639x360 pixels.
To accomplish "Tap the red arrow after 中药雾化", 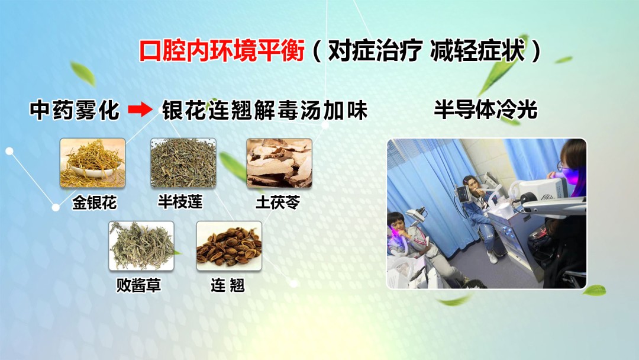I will pyautogui.click(x=140, y=111).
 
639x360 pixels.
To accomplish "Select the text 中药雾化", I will pyautogui.click(x=75, y=111).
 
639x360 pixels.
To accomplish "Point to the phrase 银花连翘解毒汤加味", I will pyautogui.click(x=264, y=111).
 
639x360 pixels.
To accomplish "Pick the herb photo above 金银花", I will pyautogui.click(x=92, y=162).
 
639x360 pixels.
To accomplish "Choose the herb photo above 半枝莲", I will pyautogui.click(x=183, y=162).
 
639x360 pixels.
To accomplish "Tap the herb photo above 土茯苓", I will pyautogui.click(x=279, y=162).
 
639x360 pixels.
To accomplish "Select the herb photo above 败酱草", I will pyautogui.click(x=141, y=246).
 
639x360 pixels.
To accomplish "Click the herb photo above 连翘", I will pyautogui.click(x=228, y=246).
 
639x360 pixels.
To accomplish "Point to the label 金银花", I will pyautogui.click(x=94, y=204).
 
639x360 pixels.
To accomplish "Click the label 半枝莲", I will pyautogui.click(x=180, y=202).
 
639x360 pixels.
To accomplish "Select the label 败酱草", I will pyautogui.click(x=139, y=286).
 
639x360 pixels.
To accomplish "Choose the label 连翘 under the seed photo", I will pyautogui.click(x=227, y=286).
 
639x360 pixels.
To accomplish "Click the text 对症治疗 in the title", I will pyautogui.click(x=374, y=52).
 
